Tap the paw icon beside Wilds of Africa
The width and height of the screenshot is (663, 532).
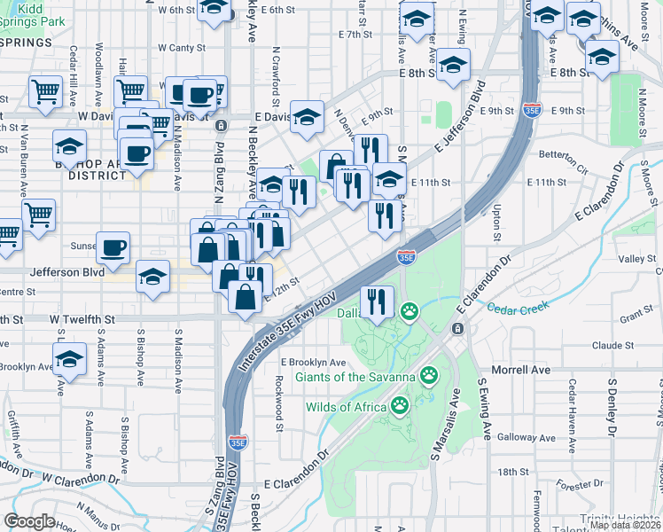click(401, 407)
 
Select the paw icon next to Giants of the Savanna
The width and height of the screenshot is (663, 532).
click(430, 376)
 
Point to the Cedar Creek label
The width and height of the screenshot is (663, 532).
click(519, 307)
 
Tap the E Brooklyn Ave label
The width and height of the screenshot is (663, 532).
click(313, 363)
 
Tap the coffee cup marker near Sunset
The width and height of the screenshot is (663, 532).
click(113, 249)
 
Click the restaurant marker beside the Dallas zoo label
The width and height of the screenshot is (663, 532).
click(377, 302)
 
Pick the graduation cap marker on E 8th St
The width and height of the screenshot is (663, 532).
click(453, 65)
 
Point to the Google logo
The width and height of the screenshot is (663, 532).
click(30, 521)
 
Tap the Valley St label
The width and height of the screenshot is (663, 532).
click(636, 258)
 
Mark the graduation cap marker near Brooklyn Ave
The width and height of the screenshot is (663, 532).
click(68, 360)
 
